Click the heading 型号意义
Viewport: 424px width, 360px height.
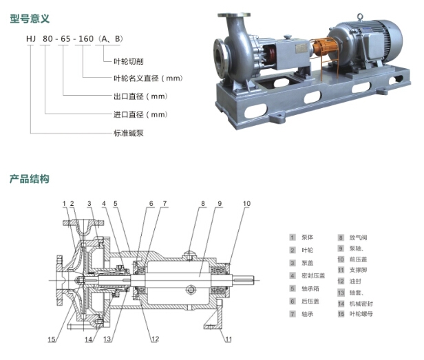pyautogui.click(x=30, y=19)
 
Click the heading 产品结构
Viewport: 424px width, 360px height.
pyautogui.click(x=30, y=179)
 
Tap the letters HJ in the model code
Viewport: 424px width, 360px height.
pyautogui.click(x=31, y=39)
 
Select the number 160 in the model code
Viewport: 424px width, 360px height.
pyautogui.click(x=86, y=39)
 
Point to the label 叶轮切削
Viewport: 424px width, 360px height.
pyautogui.click(x=129, y=61)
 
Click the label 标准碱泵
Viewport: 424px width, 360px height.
pyautogui.click(x=129, y=133)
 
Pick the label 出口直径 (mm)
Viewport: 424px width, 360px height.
pyautogui.click(x=140, y=96)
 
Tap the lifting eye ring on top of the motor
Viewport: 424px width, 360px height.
pyautogui.click(x=359, y=17)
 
